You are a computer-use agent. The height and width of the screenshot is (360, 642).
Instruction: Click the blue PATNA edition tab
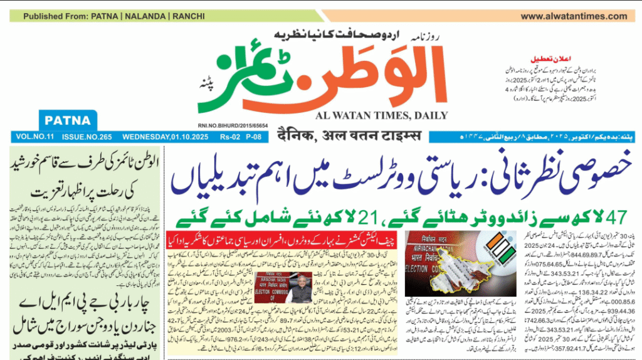tap(68, 120)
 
